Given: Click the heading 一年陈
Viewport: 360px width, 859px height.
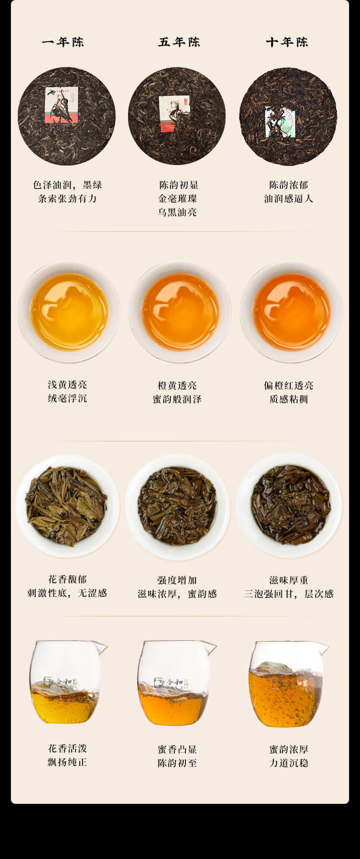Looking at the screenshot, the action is pos(63,42).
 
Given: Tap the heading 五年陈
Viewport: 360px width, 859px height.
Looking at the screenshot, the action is pos(179,42).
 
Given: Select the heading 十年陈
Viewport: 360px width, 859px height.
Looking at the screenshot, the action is pos(287,42).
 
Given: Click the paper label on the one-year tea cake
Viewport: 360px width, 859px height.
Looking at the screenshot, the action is pos(62,105).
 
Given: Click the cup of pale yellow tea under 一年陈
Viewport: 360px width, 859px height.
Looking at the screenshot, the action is pos(69,312).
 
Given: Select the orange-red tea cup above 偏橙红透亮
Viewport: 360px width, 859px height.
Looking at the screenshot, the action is pos(291,312).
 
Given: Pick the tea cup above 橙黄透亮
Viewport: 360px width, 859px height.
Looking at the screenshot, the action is pos(180,312).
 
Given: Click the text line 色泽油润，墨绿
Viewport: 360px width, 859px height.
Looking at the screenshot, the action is pos(67,185).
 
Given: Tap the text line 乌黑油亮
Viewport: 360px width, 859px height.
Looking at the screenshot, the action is pos(178,212).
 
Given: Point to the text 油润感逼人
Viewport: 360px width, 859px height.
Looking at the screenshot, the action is pos(288,198).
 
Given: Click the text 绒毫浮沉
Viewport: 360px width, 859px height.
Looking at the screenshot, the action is pos(67,398).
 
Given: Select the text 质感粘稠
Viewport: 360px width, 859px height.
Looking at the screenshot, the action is pos(288,399).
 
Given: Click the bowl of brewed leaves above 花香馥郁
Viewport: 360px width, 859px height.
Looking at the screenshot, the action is pos(67,506).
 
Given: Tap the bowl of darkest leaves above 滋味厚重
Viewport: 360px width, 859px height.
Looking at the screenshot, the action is pos(289,506).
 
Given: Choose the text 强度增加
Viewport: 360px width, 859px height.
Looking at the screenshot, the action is pos(177,580).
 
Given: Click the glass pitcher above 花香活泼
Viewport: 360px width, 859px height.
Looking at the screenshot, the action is pos(67,682).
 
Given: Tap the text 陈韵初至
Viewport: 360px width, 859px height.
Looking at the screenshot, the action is pos(177,763).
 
